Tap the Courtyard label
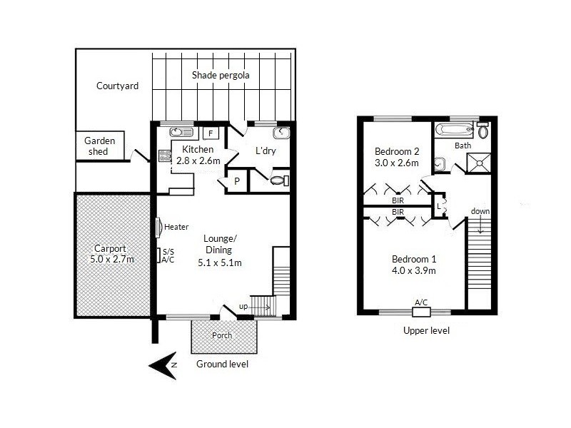point(117,86)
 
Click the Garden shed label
point(100,146)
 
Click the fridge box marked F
point(211,132)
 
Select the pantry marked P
point(236,181)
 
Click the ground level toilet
point(281,180)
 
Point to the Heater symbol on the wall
point(158,228)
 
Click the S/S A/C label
point(168,256)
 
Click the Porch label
point(223,335)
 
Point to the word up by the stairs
point(243,307)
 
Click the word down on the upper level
point(480,212)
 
